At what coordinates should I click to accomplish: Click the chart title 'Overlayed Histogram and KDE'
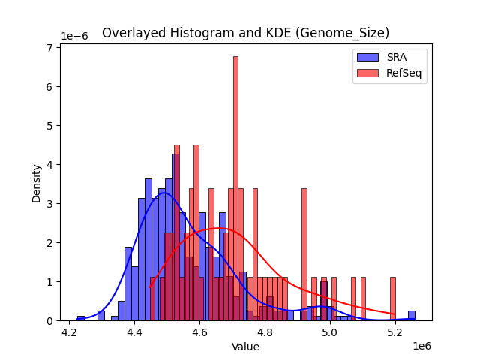coord(245,33)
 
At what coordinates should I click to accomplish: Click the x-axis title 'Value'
coord(245,346)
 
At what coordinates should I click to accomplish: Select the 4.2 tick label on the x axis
coord(70,331)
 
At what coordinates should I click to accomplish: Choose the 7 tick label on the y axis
coord(49,48)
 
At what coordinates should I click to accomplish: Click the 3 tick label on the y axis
coord(49,204)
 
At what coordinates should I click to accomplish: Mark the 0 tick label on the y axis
coord(49,321)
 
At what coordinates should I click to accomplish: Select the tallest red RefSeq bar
coord(235,187)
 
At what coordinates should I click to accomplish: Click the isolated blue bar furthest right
coord(412,316)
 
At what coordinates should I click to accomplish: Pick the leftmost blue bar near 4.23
coord(81,318)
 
